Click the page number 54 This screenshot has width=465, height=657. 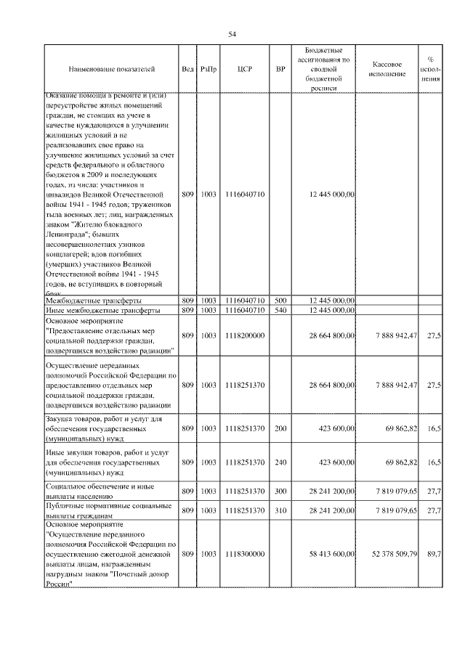[x=232, y=33]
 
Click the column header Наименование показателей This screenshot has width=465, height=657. [x=112, y=70]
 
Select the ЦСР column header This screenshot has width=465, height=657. [x=244, y=70]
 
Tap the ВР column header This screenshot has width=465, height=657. [x=280, y=70]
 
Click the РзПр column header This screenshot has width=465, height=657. [x=209, y=70]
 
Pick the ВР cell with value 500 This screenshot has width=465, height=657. [x=280, y=300]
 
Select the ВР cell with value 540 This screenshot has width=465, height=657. [x=280, y=310]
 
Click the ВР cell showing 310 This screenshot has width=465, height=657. [x=280, y=510]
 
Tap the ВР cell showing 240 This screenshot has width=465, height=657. [x=280, y=462]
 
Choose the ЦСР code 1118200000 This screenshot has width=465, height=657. [x=245, y=335]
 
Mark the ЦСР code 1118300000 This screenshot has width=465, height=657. [x=245, y=554]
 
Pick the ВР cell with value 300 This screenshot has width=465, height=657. [x=280, y=491]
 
